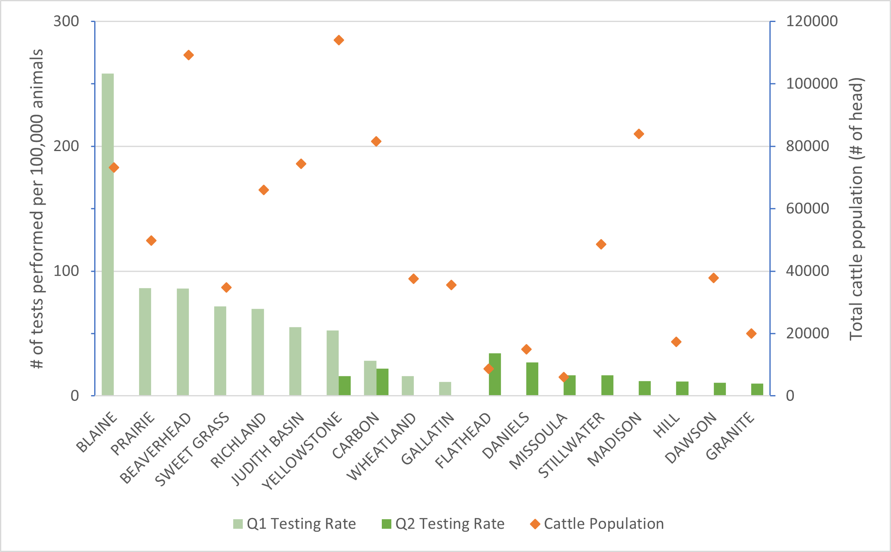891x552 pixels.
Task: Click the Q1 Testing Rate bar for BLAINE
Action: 107,234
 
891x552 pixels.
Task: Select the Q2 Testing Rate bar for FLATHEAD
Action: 495,374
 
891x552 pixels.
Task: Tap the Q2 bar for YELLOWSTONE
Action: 344,386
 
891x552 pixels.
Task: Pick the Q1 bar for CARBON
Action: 370,378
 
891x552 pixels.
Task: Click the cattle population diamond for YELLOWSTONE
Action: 339,40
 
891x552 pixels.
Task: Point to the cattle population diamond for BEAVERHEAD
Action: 188,55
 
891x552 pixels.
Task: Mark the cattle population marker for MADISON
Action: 639,134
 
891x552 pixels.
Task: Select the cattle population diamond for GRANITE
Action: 751,333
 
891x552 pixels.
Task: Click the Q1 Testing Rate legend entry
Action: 294,524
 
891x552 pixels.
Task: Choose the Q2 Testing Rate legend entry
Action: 443,524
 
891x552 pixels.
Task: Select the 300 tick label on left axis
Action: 66,21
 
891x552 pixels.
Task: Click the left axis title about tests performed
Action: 37,209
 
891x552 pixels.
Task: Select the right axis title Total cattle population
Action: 856,209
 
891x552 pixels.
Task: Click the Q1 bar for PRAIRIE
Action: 145,342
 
